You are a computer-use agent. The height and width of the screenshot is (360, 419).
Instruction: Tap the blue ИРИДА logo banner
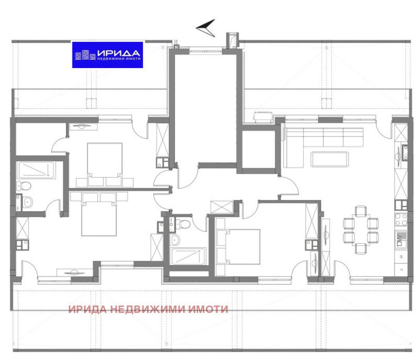click(107, 54)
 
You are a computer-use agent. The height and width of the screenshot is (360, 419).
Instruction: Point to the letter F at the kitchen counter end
click(401, 269)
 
